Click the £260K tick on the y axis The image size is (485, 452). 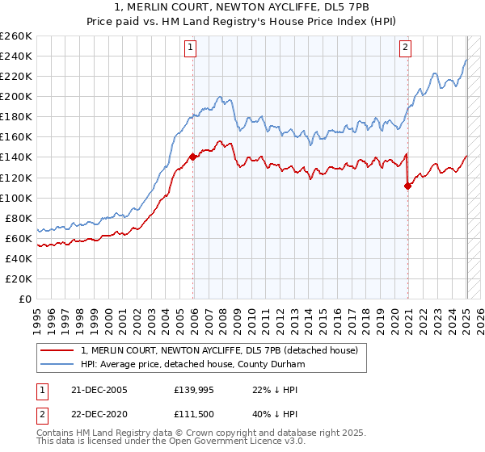coord(16,36)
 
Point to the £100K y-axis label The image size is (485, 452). coord(16,198)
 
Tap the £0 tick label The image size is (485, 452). coord(25,299)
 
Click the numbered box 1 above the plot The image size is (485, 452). coord(192,48)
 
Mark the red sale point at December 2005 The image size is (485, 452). coord(192,157)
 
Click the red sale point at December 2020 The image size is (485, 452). coord(407,186)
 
